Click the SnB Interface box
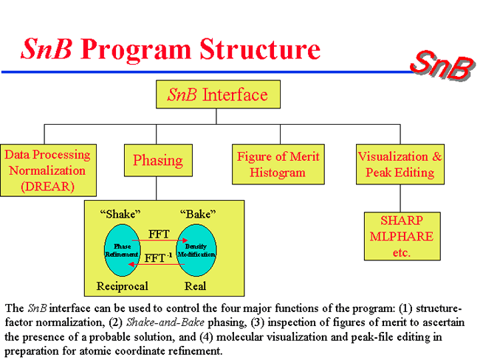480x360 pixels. click(x=216, y=95)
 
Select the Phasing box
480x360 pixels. click(x=157, y=160)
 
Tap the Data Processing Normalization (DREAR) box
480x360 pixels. click(x=47, y=170)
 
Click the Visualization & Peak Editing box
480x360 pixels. click(x=400, y=164)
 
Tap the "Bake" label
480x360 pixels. click(x=198, y=215)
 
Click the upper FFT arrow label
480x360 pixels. click(x=158, y=233)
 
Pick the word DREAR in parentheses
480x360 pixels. click(x=47, y=187)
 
